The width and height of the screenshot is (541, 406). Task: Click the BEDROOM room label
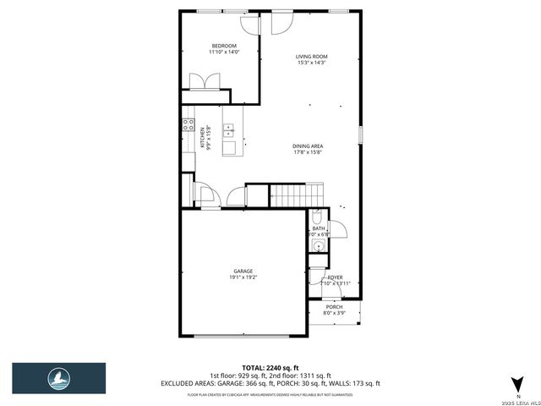point(223,46)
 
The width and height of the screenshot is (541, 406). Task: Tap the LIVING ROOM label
point(311,57)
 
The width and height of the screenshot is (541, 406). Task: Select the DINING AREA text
point(308,145)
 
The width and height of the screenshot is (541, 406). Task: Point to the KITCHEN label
point(202,138)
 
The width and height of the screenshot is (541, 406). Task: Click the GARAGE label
point(243,271)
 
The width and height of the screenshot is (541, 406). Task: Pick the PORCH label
point(334,307)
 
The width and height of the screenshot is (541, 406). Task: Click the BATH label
point(318,228)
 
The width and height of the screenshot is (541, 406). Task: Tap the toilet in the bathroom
point(316,215)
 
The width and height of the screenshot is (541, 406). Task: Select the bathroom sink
point(317,246)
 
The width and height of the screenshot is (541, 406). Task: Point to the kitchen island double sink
point(228,130)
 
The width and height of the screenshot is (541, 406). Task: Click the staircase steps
point(297,195)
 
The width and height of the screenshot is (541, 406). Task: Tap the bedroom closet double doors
point(205,81)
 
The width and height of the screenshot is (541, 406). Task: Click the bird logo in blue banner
point(58,376)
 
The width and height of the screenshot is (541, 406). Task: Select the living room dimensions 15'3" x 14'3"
point(311,63)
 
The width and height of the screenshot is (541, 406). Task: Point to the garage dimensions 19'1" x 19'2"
point(243,277)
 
